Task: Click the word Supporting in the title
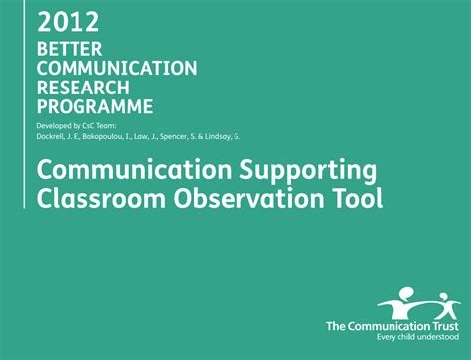coord(295,170)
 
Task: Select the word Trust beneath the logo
coord(447,325)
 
